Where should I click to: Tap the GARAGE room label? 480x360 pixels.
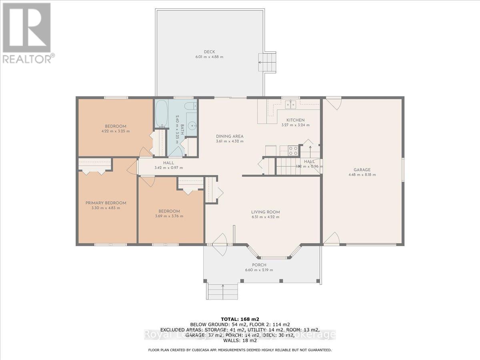pyautogui.click(x=362, y=169)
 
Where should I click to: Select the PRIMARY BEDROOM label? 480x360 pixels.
pyautogui.click(x=106, y=203)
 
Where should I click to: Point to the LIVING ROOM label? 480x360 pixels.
pyautogui.click(x=265, y=212)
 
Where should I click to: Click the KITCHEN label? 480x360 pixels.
pyautogui.click(x=295, y=120)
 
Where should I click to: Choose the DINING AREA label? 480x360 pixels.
pyautogui.click(x=230, y=136)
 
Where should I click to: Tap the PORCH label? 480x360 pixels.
pyautogui.click(x=259, y=265)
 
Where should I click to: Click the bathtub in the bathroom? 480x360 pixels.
pyautogui.click(x=161, y=114)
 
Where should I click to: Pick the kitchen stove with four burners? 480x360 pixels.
pyautogui.click(x=293, y=150)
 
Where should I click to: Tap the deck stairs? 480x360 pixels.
pyautogui.click(x=267, y=62)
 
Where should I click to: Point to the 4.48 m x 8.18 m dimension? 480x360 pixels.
pyautogui.click(x=362, y=174)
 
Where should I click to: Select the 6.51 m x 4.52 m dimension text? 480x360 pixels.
pyautogui.click(x=265, y=217)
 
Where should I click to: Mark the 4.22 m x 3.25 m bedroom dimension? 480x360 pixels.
pyautogui.click(x=115, y=131)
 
